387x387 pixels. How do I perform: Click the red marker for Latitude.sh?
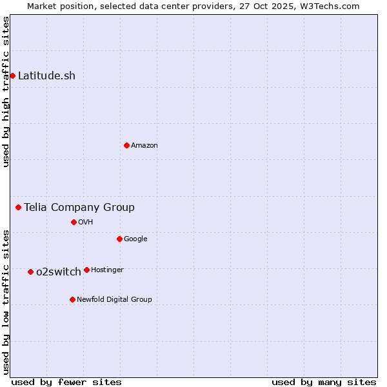point(12,76)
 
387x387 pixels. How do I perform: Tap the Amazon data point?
point(126,145)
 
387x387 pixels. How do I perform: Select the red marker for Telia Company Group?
point(19,207)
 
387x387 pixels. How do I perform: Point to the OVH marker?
point(74,222)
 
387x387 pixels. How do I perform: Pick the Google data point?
point(119,239)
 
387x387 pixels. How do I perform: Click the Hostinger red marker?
point(86,270)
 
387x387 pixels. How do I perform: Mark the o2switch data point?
point(30,272)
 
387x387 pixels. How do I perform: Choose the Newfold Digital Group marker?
point(72,299)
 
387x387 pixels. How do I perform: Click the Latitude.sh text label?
point(46,76)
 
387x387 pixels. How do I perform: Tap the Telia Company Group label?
point(79,207)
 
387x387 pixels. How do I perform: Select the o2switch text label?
point(59,272)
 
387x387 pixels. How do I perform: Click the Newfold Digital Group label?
point(114,299)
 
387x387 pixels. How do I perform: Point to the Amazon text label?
point(144,145)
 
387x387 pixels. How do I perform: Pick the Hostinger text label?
point(107,270)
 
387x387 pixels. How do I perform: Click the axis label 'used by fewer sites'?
point(66,382)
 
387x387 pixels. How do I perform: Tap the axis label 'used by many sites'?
point(324,382)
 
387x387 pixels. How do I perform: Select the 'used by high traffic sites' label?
point(6,92)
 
